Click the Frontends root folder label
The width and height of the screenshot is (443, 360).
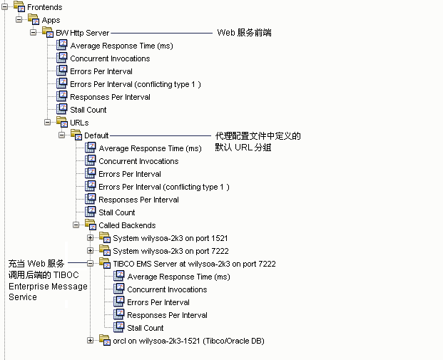click(x=44, y=7)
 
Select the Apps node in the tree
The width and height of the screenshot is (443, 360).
click(x=51, y=20)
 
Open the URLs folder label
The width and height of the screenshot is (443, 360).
click(x=79, y=123)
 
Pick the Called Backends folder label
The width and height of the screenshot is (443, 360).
click(x=121, y=225)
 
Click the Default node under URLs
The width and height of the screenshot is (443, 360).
click(x=96, y=135)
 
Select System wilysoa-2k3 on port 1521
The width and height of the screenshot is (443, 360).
click(x=170, y=238)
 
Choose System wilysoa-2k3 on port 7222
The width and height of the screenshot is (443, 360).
click(x=170, y=251)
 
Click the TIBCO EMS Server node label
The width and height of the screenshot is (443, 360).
click(x=194, y=264)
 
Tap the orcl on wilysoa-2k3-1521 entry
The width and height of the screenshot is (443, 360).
click(x=188, y=341)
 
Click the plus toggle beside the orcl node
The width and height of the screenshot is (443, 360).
click(x=91, y=340)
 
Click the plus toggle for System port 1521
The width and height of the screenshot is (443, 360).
click(x=91, y=237)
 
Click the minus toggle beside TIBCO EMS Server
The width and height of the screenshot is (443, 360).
click(x=91, y=263)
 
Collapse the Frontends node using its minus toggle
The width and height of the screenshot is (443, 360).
click(x=5, y=6)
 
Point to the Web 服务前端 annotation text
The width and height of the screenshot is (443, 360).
click(x=244, y=33)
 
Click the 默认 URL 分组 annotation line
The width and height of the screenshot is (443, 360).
click(x=243, y=148)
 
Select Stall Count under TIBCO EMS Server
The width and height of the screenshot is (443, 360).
click(x=145, y=328)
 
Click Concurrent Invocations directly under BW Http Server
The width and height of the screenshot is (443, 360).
click(x=110, y=58)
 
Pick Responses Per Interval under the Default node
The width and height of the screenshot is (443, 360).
click(x=138, y=200)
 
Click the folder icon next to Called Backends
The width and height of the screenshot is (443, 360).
click(x=91, y=225)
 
